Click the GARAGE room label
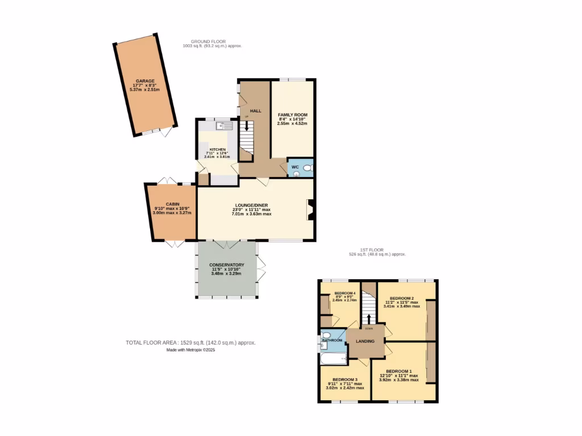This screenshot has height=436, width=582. (x=144, y=81)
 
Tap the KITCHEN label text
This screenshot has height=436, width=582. (x=217, y=149)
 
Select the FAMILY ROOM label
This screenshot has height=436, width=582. (x=292, y=115)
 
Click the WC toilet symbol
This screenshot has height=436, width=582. (x=307, y=168)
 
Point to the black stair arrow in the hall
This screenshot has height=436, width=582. (x=246, y=124)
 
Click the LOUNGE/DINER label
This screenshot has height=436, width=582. (x=251, y=205)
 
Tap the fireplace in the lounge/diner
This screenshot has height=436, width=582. (x=310, y=209)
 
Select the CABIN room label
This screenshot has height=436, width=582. (x=173, y=204)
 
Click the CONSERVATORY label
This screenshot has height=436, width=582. (x=226, y=265)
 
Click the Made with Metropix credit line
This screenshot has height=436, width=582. (x=191, y=350)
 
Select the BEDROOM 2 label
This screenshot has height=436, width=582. (x=402, y=298)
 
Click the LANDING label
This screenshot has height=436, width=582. (x=365, y=341)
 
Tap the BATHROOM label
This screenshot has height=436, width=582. (x=331, y=340)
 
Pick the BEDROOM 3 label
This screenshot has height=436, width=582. (x=345, y=379)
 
